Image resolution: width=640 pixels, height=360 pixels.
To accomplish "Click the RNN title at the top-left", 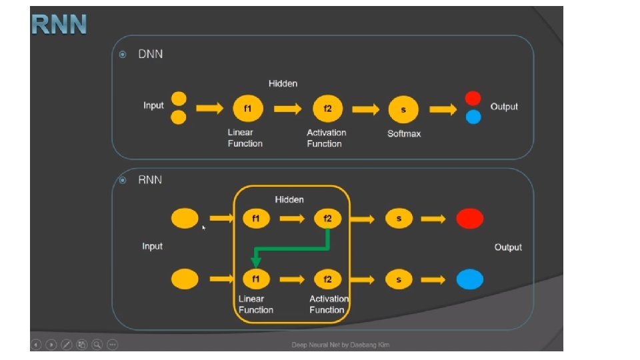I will [59, 25].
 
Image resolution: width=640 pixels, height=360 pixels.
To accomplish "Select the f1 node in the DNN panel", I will [247, 109].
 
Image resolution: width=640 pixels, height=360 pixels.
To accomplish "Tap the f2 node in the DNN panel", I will [327, 109].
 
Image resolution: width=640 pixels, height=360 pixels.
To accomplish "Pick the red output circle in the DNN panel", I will [473, 99].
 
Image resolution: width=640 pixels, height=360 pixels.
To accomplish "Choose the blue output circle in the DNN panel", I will [473, 117].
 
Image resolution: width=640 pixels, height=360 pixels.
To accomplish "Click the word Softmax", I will [404, 134].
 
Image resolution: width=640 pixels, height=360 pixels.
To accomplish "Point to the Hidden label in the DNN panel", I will [283, 83].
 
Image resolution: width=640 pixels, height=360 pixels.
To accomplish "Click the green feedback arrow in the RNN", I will [293, 249].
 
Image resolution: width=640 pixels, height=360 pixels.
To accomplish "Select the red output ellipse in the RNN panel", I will [469, 218].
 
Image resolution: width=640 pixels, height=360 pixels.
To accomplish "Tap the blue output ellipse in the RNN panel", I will [469, 279].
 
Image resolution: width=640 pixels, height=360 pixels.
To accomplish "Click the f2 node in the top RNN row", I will [327, 218].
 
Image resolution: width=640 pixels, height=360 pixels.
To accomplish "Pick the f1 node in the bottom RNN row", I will [255, 279].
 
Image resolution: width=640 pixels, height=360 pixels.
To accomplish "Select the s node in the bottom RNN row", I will [399, 279].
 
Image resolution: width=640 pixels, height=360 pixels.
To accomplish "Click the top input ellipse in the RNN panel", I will [185, 218].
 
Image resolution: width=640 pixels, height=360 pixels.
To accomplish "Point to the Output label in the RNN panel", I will [508, 247].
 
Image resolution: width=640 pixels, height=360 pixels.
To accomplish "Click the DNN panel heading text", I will [150, 54].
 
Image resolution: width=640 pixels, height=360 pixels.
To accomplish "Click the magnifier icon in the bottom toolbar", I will [97, 345].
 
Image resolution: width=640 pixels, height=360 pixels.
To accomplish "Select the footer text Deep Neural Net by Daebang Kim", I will [340, 345].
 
